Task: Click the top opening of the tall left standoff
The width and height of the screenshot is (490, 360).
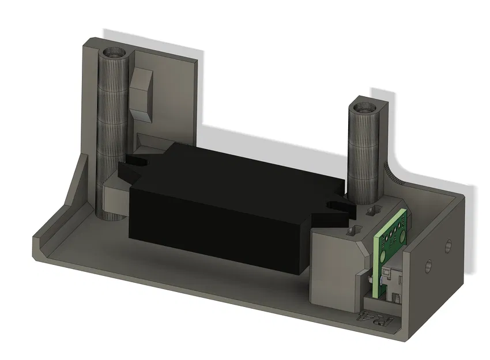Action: click(114, 54)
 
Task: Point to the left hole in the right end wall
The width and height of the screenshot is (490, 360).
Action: click(428, 266)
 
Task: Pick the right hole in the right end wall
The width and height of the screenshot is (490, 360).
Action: click(447, 247)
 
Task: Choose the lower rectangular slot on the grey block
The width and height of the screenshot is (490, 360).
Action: click(350, 231)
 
